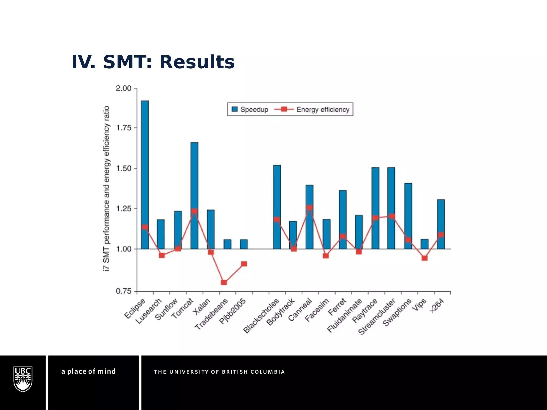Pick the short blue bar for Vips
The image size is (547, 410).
[x=424, y=244]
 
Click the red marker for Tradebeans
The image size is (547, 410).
[x=224, y=282]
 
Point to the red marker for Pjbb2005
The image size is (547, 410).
[x=244, y=264]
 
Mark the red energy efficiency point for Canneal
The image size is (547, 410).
[x=310, y=207]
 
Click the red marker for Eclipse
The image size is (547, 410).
[x=145, y=227]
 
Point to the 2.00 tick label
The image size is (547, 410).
[x=123, y=88]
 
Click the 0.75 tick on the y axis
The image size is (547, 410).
[x=123, y=291]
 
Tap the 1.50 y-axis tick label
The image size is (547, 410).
[x=123, y=168]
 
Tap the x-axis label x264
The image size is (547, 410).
[x=437, y=306]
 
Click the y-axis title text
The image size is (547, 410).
[x=106, y=188]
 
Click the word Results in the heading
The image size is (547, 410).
[x=197, y=62]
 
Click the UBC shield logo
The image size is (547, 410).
[x=23, y=379]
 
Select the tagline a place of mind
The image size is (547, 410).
[x=88, y=371]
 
